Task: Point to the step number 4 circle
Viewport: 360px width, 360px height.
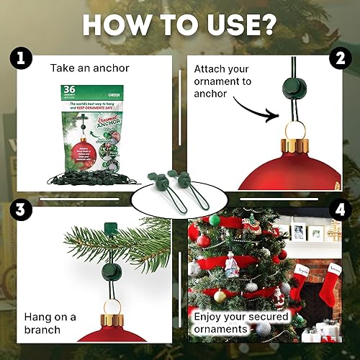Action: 339,211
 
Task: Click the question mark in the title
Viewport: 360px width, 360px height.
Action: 269,24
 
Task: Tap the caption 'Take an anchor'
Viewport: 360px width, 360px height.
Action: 89,68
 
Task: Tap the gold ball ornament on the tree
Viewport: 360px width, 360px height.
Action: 220,296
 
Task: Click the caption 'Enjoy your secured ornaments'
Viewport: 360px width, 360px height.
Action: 240,323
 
